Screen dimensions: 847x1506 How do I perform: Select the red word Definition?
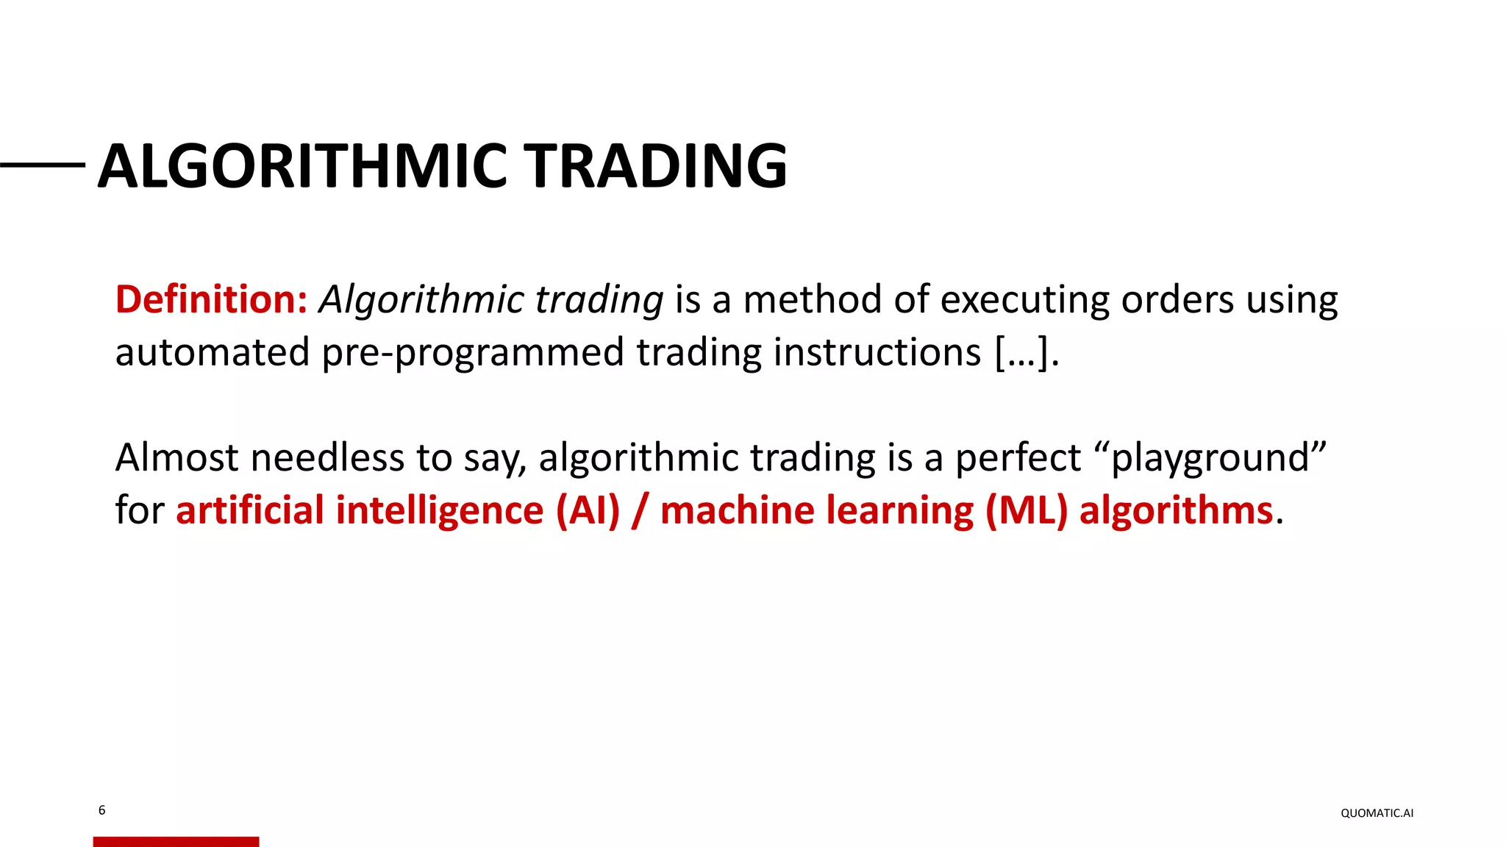211,300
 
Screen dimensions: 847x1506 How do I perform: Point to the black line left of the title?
43,165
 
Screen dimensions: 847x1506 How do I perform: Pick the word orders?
1177,300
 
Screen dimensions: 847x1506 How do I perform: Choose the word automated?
212,352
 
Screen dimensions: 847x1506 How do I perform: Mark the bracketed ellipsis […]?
1027,352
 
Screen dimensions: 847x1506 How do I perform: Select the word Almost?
177,457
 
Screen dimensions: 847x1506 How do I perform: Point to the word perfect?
1018,457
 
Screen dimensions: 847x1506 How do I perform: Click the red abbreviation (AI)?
588,510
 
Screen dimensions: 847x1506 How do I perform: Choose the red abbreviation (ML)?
1026,510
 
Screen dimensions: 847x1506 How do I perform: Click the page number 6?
101,810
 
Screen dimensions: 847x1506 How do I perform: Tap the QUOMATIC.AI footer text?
1377,813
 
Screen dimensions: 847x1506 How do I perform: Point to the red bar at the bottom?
176,842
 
